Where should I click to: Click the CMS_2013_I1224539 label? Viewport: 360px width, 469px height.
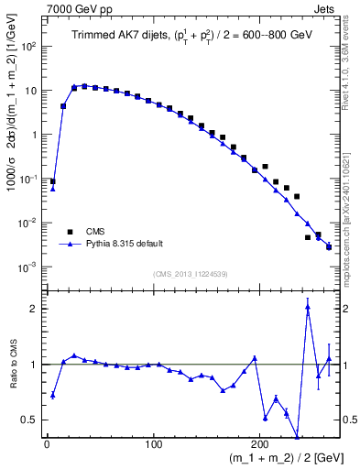pos(191,273)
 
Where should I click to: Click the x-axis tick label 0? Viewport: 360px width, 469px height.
pos(47,444)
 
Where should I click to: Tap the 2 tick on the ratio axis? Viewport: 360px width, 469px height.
pos(37,309)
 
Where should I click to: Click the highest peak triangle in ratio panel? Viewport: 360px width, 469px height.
pos(308,308)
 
